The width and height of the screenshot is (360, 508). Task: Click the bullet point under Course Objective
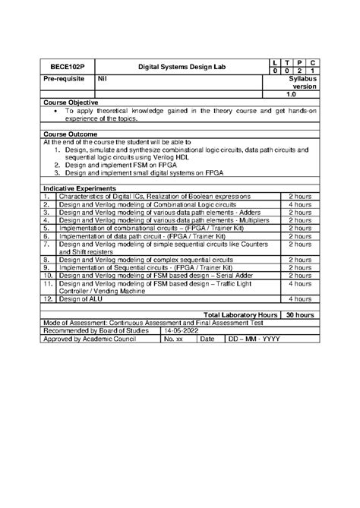click(x=58, y=111)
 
